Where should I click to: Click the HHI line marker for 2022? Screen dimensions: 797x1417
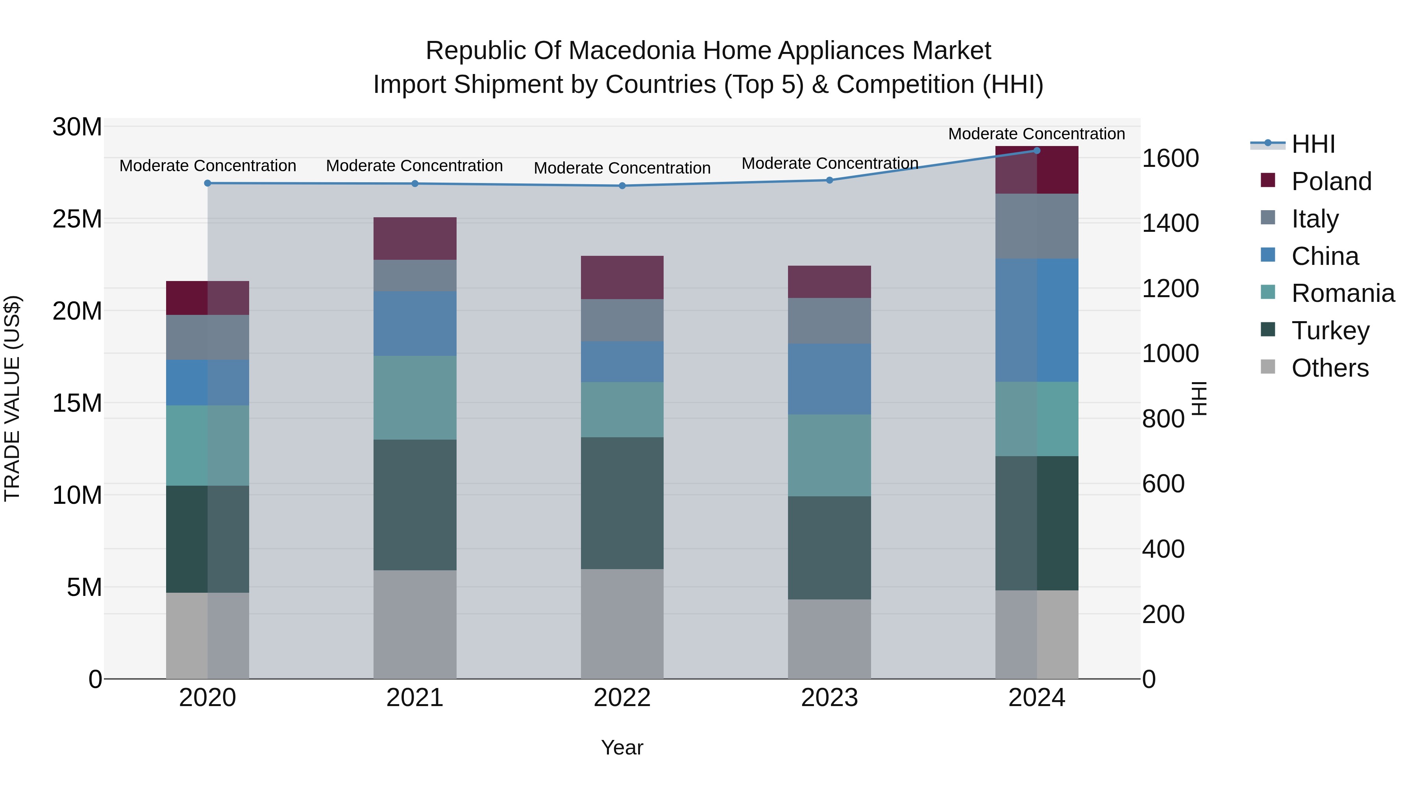[622, 186]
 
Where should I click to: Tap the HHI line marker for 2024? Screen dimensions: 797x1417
[1037, 151]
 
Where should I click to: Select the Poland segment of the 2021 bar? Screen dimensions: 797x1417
[415, 238]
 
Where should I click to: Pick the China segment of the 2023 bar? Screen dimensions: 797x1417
[829, 379]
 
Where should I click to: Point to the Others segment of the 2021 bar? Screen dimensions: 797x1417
[415, 624]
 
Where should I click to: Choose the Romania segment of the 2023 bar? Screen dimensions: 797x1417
[829, 455]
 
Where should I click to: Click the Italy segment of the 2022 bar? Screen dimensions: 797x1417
[622, 320]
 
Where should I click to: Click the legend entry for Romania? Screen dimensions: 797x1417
[1342, 293]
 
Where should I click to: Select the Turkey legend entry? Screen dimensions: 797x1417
[1330, 331]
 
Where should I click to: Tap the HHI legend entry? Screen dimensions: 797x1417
[1312, 144]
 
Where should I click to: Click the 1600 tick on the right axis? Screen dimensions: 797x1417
[1171, 158]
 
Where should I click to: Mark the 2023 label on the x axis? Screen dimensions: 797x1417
[829, 698]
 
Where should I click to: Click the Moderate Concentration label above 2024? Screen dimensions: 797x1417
[1036, 134]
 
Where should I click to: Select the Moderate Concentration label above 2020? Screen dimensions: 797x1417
[207, 166]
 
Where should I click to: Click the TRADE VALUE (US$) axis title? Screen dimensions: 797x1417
[12, 398]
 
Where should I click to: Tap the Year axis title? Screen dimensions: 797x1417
[622, 747]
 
